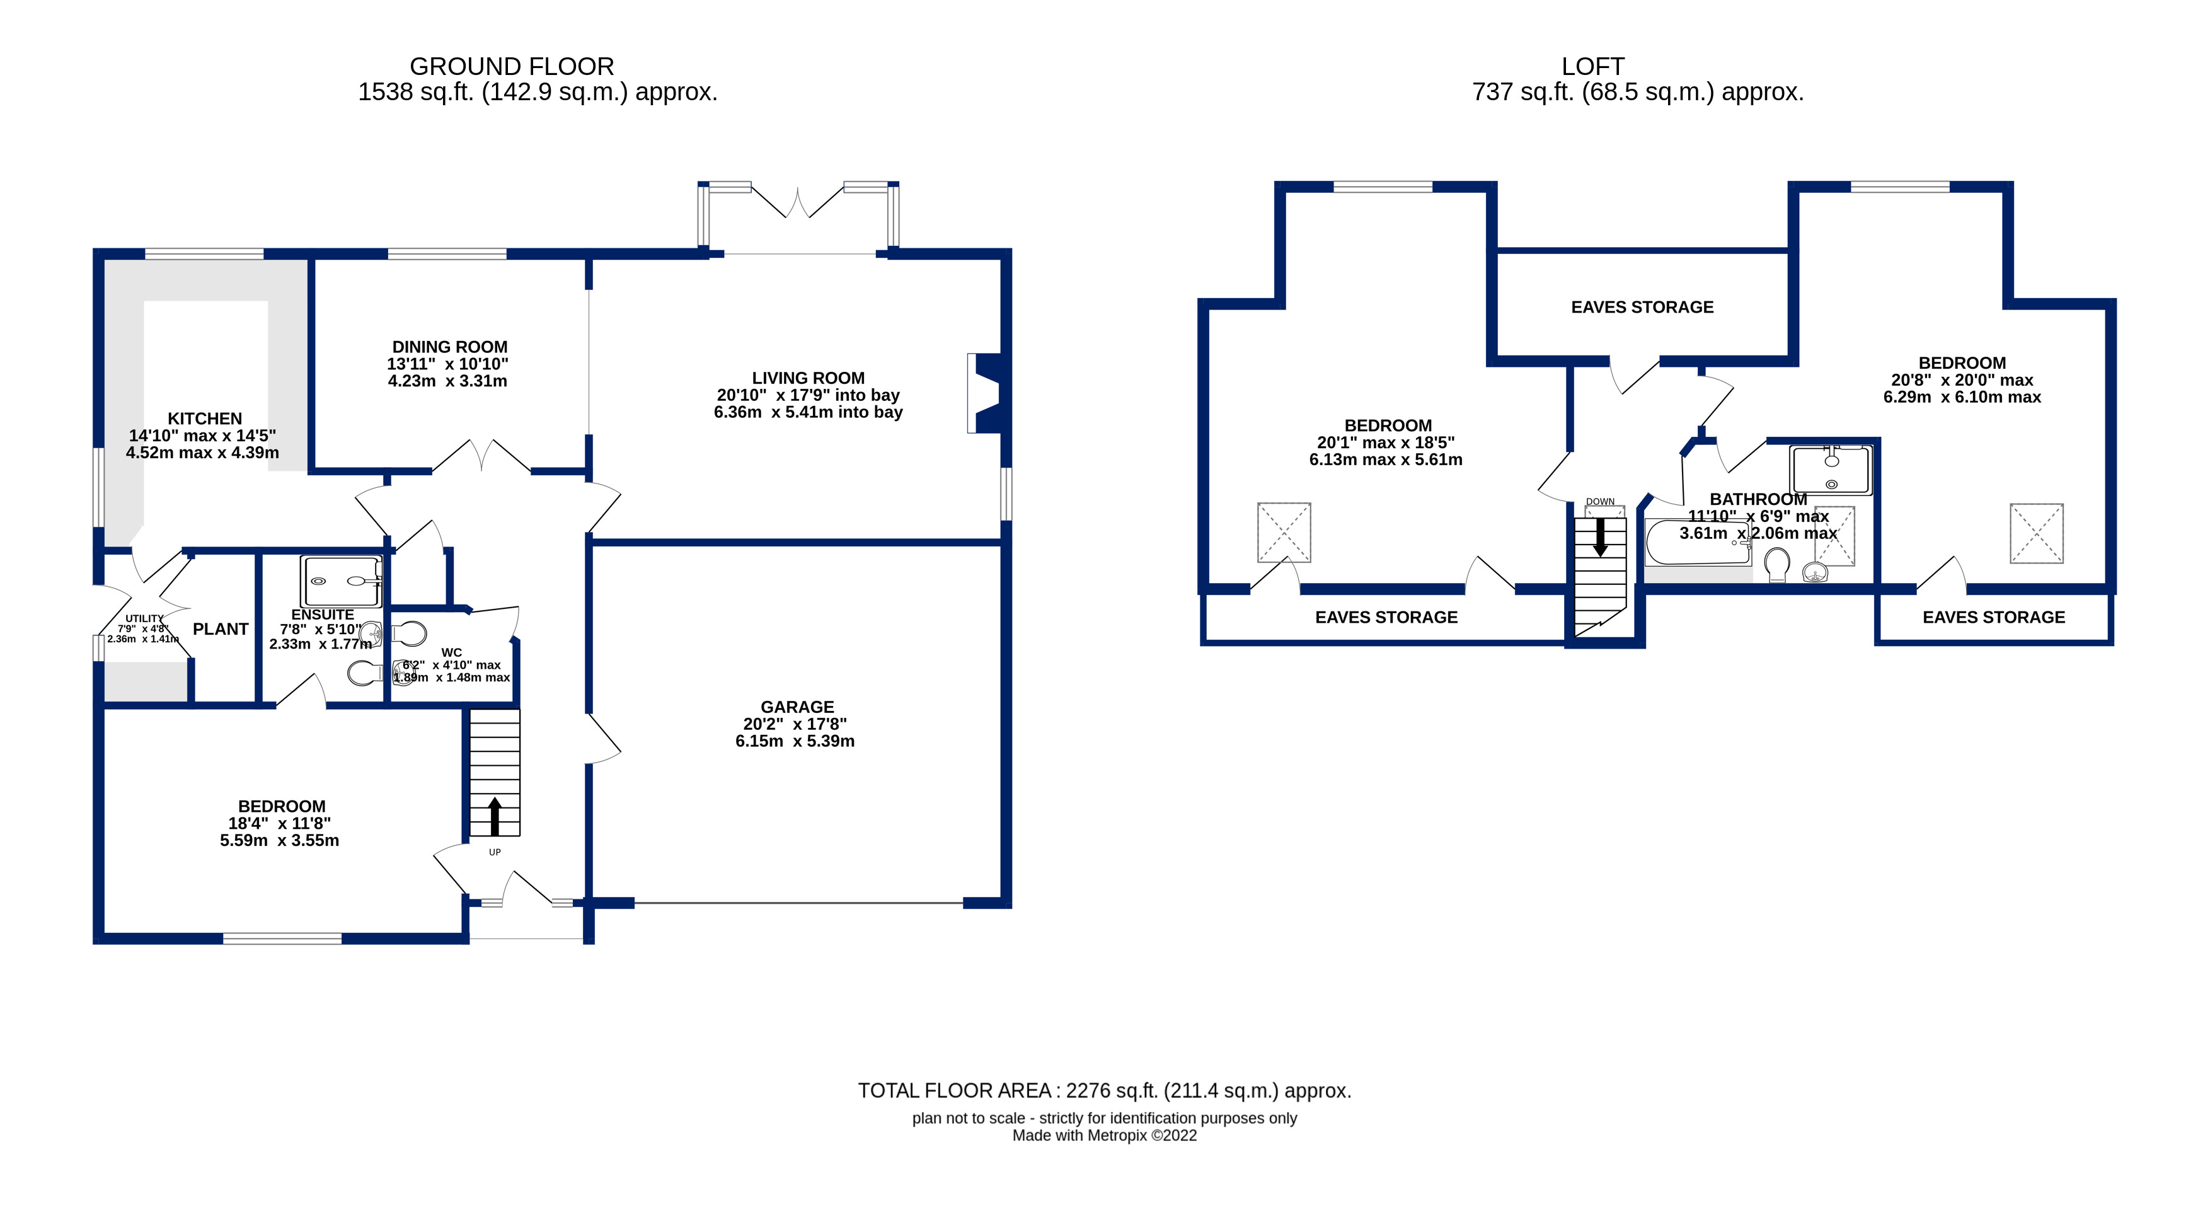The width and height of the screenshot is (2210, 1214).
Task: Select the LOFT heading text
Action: coord(1592,66)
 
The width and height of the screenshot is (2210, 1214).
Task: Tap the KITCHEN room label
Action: coord(204,419)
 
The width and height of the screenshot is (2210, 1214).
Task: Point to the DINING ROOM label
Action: coord(449,347)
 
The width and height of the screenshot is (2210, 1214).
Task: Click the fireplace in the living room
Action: coord(985,393)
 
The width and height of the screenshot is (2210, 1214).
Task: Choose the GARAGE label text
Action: coord(797,707)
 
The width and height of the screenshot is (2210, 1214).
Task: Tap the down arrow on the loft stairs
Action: coord(1600,537)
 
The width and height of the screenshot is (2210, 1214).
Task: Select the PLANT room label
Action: coord(221,629)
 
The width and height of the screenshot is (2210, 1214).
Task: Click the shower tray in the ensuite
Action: coord(340,581)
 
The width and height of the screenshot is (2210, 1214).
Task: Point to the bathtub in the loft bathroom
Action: coord(1698,542)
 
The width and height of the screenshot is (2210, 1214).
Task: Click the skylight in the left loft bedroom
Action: coord(1284,532)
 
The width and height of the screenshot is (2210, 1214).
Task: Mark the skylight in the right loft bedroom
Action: coord(2036,533)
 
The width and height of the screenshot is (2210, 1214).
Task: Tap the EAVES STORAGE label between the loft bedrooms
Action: coord(1642,307)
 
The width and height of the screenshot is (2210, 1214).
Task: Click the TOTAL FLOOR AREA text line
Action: coord(1104,1090)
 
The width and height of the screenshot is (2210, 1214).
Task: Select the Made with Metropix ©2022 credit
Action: coord(1104,1135)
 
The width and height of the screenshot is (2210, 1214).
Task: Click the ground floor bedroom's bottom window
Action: coord(282,939)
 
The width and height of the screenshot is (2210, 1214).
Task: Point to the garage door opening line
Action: coord(798,903)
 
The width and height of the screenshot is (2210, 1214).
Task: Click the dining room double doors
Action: coord(481,456)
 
